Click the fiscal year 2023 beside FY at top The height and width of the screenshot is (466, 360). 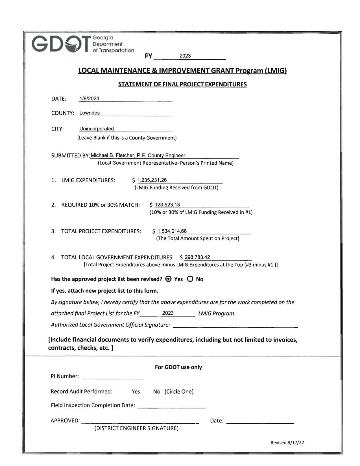[x=185, y=56]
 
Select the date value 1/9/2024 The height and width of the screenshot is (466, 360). [x=89, y=99]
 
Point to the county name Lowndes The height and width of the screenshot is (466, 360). [x=90, y=113]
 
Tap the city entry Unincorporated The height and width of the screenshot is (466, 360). [x=97, y=129]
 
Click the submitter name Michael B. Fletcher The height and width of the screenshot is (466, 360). [x=113, y=156]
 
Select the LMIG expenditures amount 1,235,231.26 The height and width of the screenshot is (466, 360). [x=152, y=180]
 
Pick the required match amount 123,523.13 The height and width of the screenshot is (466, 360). [x=167, y=205]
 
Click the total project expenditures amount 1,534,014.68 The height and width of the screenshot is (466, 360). [x=172, y=231]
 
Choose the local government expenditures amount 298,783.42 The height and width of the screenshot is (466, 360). [x=197, y=257]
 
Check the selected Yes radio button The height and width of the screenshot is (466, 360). [x=168, y=279]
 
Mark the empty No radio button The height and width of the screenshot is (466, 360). [x=190, y=279]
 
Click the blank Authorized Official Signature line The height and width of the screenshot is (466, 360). [x=235, y=325]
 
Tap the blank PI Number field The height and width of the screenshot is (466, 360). [x=112, y=376]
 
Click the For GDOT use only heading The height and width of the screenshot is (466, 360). [x=178, y=367]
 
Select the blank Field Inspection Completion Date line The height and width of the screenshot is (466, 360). [x=172, y=406]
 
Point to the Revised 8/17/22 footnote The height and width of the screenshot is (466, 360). [x=287, y=443]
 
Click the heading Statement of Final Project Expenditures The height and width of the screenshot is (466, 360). [x=182, y=84]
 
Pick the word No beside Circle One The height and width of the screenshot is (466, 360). [x=156, y=392]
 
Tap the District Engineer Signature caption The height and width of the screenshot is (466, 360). [x=136, y=428]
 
